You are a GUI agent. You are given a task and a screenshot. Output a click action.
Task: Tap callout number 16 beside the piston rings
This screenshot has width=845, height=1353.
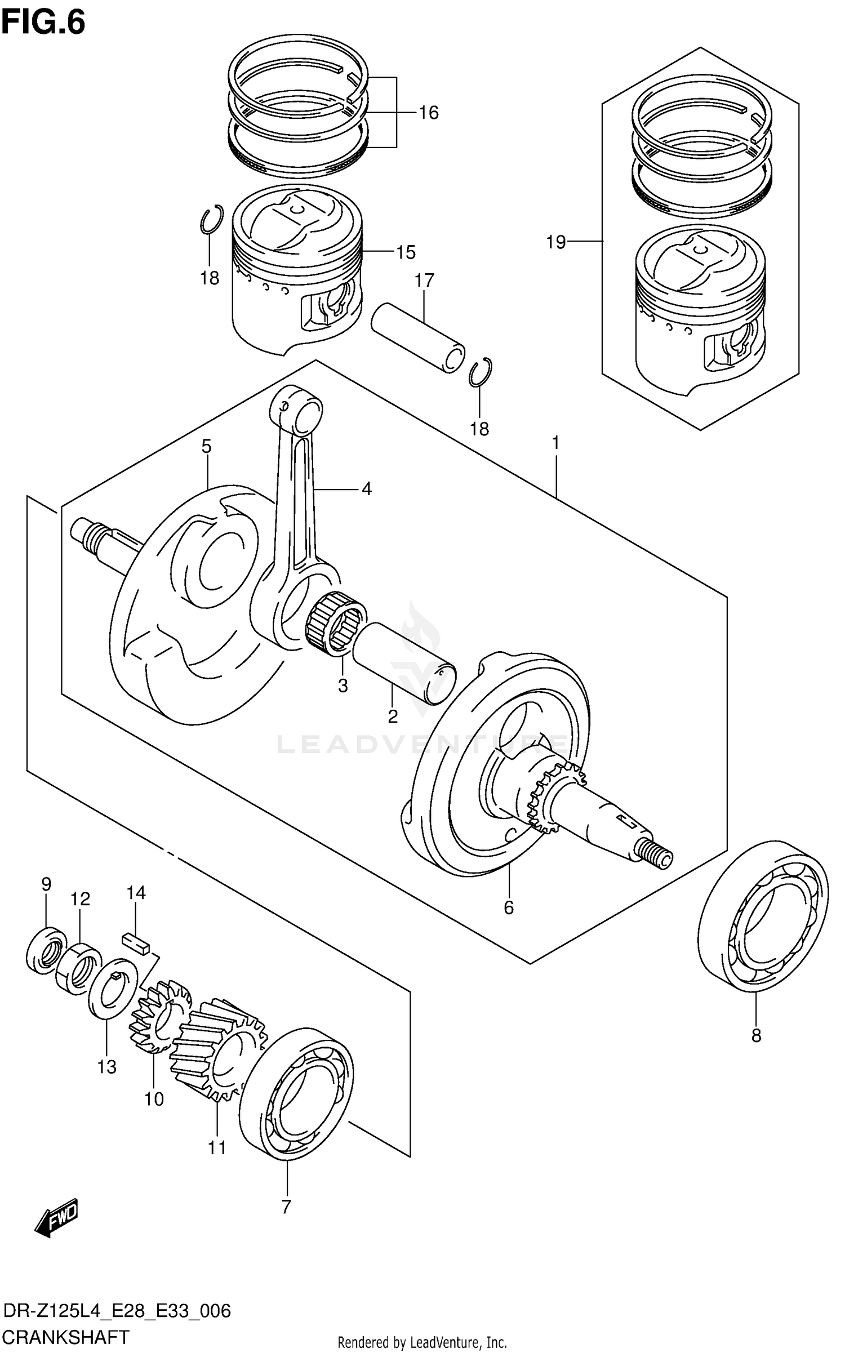tap(428, 113)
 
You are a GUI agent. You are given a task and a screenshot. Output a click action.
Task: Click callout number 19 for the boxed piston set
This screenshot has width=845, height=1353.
tap(555, 242)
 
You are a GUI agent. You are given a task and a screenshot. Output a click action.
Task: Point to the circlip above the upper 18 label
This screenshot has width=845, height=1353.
tap(212, 219)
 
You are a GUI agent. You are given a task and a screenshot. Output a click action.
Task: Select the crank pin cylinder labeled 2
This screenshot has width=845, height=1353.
tap(404, 664)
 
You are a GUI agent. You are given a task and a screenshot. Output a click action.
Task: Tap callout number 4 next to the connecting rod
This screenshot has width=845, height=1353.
tap(366, 489)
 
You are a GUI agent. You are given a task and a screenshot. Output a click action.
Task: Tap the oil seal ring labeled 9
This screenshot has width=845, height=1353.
tap(46, 951)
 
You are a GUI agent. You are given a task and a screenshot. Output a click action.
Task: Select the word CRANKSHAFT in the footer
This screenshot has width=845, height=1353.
tap(66, 1336)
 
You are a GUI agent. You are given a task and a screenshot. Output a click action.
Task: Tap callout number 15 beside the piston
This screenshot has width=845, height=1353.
tap(405, 252)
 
